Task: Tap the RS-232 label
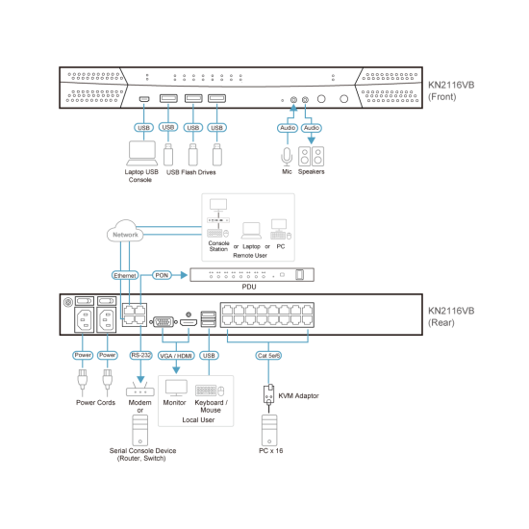click(x=141, y=355)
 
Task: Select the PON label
click(x=163, y=275)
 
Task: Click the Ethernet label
click(x=126, y=275)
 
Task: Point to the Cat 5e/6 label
click(x=267, y=355)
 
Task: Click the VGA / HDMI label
click(x=177, y=355)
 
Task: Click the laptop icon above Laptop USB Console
click(x=141, y=153)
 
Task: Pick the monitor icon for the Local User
click(x=176, y=389)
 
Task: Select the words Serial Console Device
click(x=140, y=449)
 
